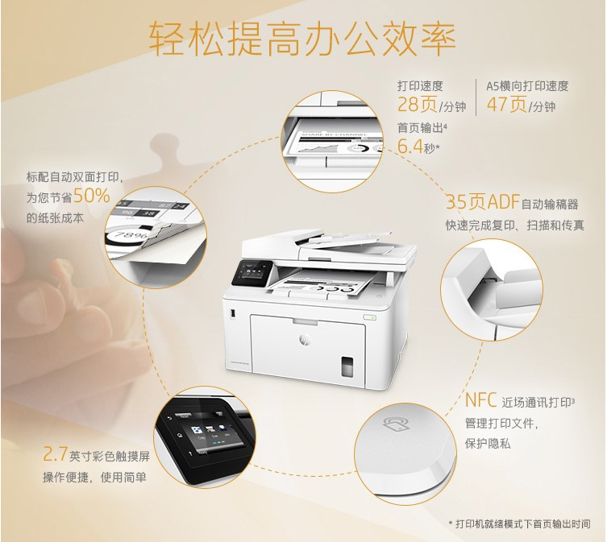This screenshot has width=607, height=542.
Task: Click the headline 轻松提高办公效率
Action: (x=303, y=39)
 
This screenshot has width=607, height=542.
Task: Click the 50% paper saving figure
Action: (x=92, y=196)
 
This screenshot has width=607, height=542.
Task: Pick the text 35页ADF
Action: (x=482, y=202)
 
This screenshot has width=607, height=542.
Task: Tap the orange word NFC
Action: (x=481, y=400)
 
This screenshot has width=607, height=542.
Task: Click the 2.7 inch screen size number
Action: (x=55, y=455)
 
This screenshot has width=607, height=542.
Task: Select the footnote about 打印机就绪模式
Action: (x=525, y=524)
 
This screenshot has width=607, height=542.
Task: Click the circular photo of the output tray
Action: (x=331, y=140)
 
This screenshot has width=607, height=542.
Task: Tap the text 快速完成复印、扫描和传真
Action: (x=515, y=225)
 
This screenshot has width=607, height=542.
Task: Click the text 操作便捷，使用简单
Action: (x=95, y=478)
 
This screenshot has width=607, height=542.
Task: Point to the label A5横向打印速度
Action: (x=527, y=85)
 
